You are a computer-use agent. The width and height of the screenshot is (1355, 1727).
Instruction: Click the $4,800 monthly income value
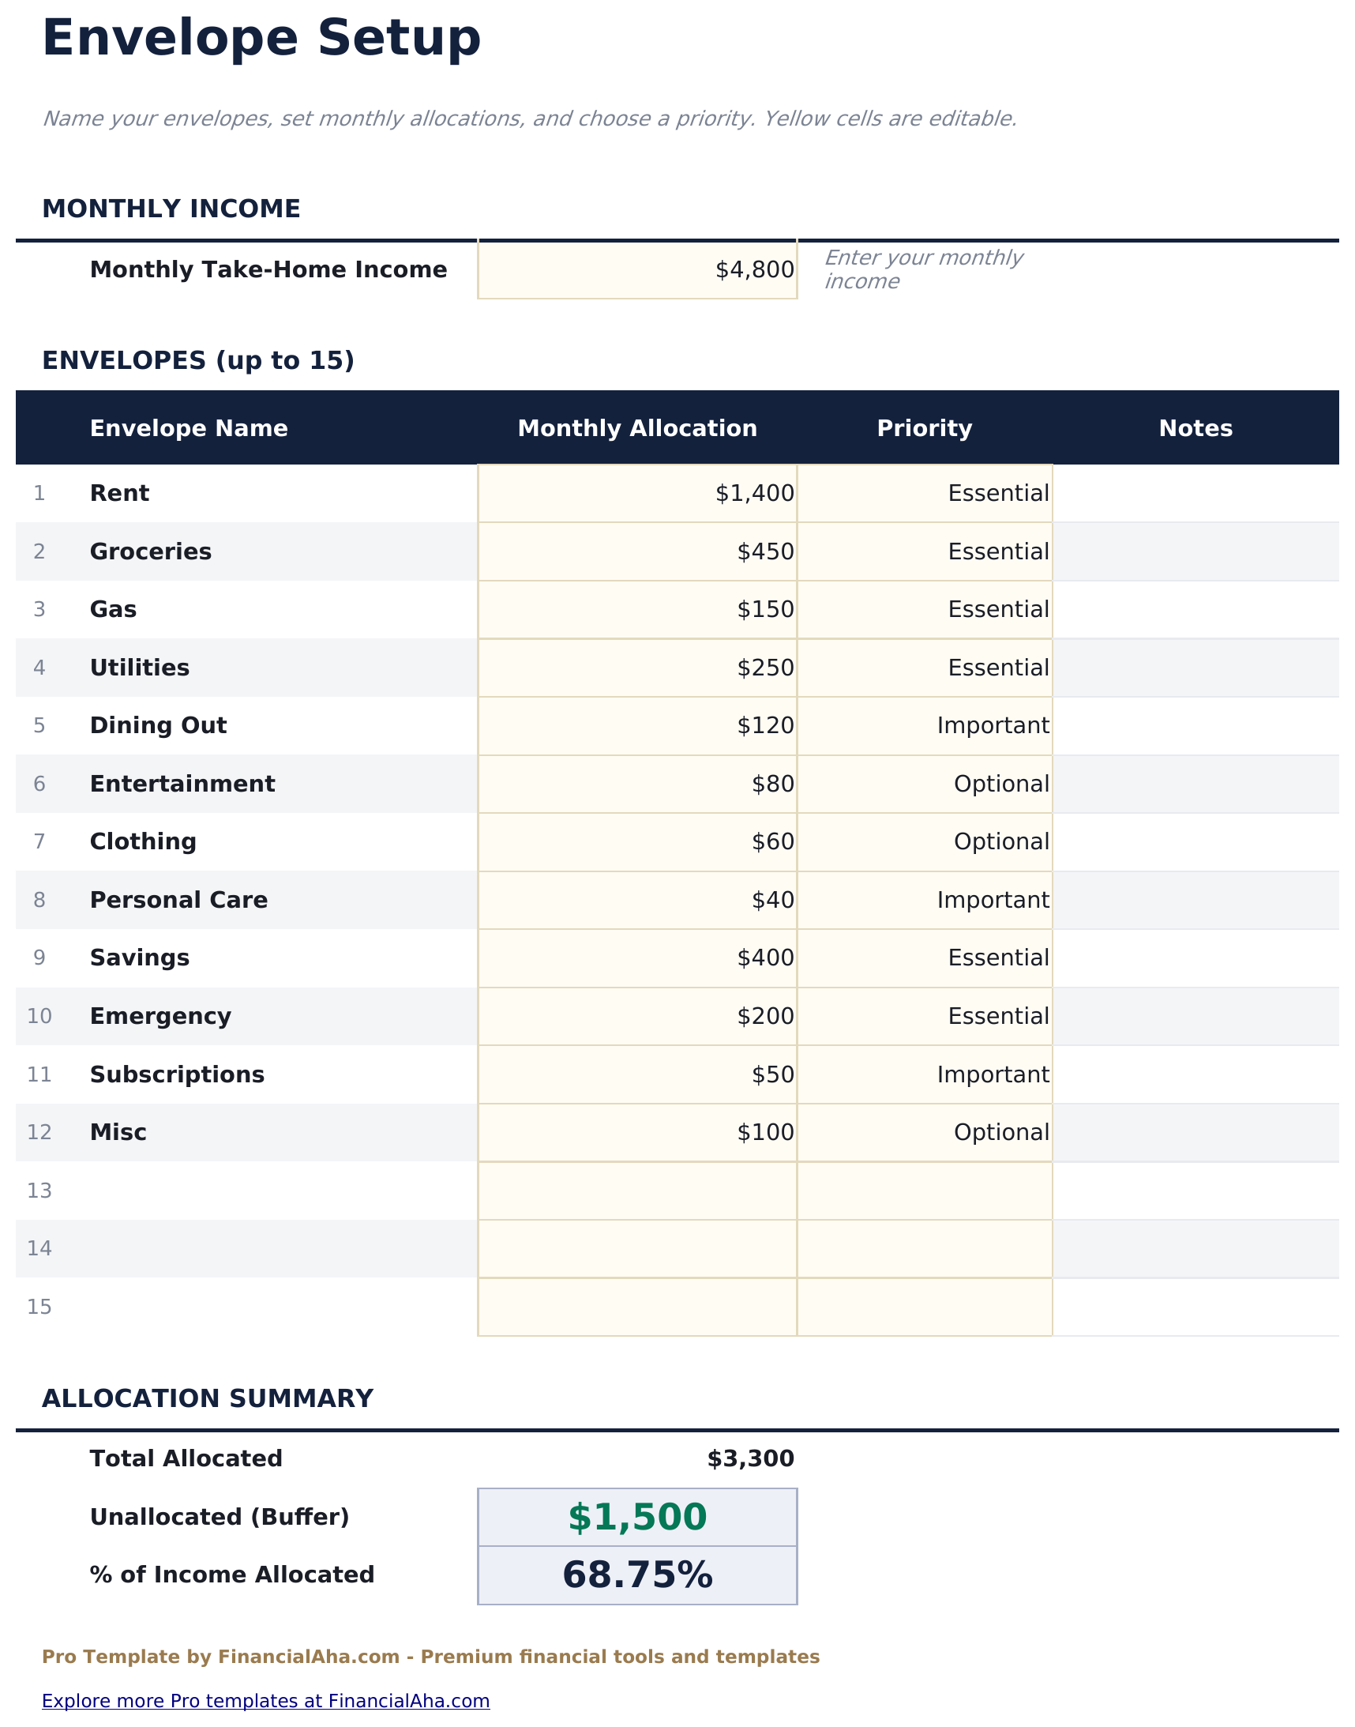point(753,270)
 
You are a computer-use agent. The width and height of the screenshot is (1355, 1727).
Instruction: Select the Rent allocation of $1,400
point(753,494)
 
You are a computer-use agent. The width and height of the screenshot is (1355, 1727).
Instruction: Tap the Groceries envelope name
point(151,551)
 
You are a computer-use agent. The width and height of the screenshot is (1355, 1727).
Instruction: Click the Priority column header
point(924,428)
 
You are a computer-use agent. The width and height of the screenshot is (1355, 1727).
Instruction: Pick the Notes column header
point(1195,428)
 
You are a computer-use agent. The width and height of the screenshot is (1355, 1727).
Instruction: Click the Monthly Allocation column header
point(637,428)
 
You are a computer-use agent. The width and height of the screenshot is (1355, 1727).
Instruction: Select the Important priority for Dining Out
point(992,725)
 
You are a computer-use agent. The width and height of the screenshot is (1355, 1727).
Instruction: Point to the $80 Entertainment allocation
point(772,784)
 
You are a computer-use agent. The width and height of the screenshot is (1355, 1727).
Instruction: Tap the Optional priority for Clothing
point(1000,841)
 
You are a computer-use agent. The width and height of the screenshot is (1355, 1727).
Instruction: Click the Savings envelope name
point(140,958)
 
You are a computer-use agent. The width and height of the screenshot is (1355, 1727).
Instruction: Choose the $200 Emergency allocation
point(765,1016)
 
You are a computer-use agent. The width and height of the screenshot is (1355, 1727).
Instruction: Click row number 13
point(39,1191)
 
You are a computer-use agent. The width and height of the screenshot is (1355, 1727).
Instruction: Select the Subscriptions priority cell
point(992,1074)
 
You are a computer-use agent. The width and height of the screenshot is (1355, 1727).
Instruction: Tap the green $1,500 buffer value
point(637,1517)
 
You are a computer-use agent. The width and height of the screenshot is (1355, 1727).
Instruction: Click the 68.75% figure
point(637,1575)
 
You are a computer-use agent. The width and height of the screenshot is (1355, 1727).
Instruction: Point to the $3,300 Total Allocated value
point(749,1458)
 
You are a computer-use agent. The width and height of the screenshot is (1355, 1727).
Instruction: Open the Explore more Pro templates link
point(266,1701)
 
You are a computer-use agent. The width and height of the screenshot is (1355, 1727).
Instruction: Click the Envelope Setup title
point(261,38)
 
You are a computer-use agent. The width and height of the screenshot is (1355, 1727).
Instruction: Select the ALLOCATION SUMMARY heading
point(207,1398)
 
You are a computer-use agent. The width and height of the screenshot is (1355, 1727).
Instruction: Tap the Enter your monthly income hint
point(921,270)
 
